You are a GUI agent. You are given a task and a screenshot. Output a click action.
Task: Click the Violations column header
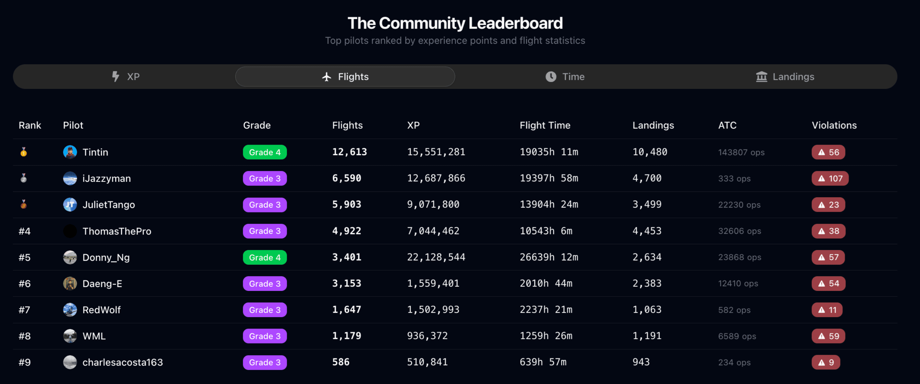pos(834,125)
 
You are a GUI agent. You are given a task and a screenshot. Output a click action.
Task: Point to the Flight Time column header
pos(545,125)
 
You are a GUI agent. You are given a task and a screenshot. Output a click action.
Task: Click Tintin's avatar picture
pos(70,152)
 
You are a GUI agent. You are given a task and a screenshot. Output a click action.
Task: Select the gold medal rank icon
pos(24,152)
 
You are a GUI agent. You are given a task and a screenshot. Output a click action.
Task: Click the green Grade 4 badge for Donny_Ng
pos(265,257)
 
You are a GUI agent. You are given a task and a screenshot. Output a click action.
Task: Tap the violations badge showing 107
pos(830,178)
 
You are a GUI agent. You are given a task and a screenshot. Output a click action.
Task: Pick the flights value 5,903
pos(346,205)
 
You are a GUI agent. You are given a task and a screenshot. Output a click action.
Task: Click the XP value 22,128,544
pos(436,257)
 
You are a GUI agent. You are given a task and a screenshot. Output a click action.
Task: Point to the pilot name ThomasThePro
pos(117,231)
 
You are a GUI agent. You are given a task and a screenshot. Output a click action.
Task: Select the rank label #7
pos(25,310)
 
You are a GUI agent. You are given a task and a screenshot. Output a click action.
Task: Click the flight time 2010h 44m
pos(546,283)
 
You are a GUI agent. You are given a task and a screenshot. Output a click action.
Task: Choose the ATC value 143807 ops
pos(741,152)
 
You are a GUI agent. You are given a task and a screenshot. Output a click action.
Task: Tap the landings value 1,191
pos(647,336)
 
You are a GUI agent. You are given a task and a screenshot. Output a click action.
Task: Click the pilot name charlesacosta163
pos(122,362)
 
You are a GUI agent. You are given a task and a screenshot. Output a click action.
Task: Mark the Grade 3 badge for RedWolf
pos(265,310)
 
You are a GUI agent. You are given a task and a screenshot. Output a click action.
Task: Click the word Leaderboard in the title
pos(516,23)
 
